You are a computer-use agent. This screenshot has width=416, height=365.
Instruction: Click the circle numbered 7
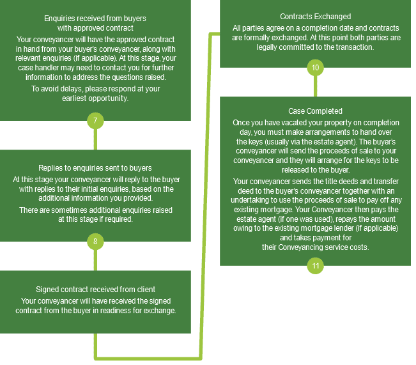pos(95,121)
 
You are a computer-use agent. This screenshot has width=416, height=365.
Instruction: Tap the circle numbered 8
pos(95,242)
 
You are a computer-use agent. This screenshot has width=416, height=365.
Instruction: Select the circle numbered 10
pos(315,67)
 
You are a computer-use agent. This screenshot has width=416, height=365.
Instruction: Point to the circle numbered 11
pos(315,266)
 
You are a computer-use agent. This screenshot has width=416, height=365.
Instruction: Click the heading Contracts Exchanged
pos(316,17)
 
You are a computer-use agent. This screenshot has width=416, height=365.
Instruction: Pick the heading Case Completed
pos(315,111)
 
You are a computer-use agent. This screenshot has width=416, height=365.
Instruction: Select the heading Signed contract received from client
pos(95,290)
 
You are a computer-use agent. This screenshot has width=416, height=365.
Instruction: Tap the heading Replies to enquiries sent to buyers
pos(95,168)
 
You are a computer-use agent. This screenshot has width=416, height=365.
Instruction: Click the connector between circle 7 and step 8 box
pos(95,139)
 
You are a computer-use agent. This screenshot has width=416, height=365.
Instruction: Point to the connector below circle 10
pos(315,86)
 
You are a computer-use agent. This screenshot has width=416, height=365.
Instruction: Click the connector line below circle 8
pos(95,260)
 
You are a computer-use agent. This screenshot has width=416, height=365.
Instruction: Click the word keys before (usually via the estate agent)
pos(255,142)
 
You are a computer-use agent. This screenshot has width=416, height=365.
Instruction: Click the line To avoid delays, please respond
pos(95,89)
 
